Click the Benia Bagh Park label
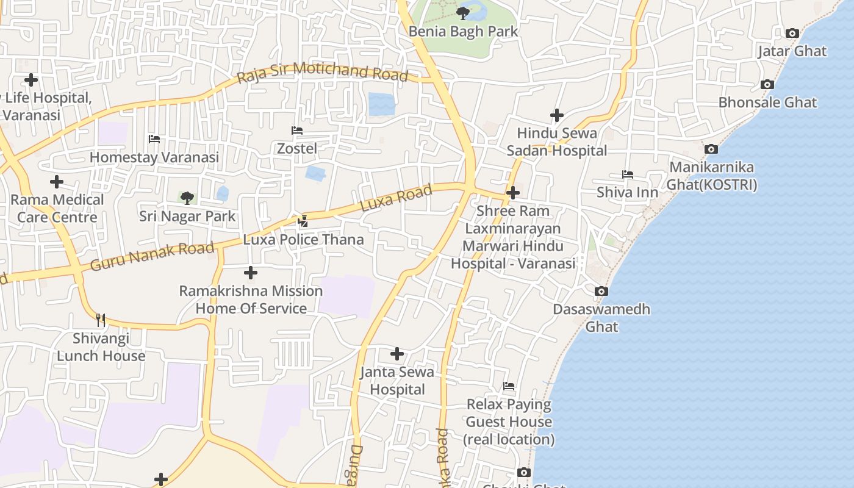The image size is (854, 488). click(463, 31)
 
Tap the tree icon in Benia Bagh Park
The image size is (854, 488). click(463, 12)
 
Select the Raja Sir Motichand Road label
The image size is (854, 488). click(322, 71)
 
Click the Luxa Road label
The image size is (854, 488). click(396, 198)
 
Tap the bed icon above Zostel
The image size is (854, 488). click(297, 131)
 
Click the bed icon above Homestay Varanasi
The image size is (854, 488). click(154, 139)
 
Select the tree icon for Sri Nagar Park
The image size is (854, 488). click(187, 198)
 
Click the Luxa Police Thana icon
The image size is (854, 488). click(303, 221)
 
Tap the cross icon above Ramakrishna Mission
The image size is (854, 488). click(251, 273)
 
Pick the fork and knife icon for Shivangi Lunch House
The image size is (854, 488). click(101, 320)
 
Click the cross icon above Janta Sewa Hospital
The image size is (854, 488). click(397, 354)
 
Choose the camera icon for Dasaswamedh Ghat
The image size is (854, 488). click(601, 292)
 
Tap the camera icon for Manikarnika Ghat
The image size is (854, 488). click(711, 149)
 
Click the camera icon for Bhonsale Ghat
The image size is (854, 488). click(767, 85)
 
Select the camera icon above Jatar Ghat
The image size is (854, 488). click(792, 34)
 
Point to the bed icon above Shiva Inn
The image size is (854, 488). click(627, 174)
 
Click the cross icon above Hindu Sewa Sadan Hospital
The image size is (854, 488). click(557, 115)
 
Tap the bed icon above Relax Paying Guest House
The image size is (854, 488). click(509, 386)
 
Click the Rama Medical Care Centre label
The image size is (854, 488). click(57, 208)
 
